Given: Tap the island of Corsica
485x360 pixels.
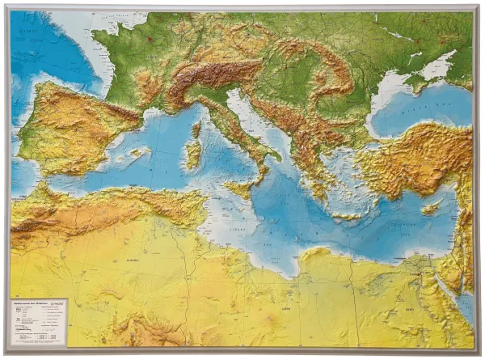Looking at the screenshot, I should point(196,129).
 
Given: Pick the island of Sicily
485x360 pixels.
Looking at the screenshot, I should point(240,189).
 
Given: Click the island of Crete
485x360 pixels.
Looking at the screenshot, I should point(348,216).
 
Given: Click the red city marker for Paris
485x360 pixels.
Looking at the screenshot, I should point(149,38).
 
